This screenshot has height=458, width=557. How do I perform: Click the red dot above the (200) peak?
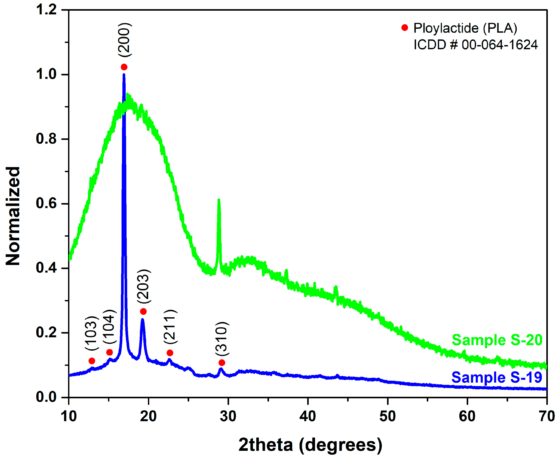pyautogui.click(x=124, y=67)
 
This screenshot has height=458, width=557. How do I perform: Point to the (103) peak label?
pyautogui.click(x=92, y=333)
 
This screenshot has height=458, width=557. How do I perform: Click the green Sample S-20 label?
pyautogui.click(x=497, y=340)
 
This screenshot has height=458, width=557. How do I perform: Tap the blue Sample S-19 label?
pyautogui.click(x=497, y=377)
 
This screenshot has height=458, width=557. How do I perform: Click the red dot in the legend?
pyautogui.click(x=404, y=27)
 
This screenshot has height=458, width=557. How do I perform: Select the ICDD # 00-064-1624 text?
pyautogui.click(x=475, y=45)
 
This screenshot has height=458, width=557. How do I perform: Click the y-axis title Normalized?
pyautogui.click(x=13, y=215)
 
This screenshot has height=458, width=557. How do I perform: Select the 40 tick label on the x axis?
pyautogui.click(x=308, y=416)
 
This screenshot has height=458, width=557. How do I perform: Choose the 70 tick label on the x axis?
pyautogui.click(x=546, y=416)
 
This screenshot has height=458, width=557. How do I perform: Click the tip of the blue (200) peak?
pyautogui.click(x=124, y=75)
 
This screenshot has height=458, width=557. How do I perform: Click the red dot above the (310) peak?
pyautogui.click(x=222, y=363)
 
